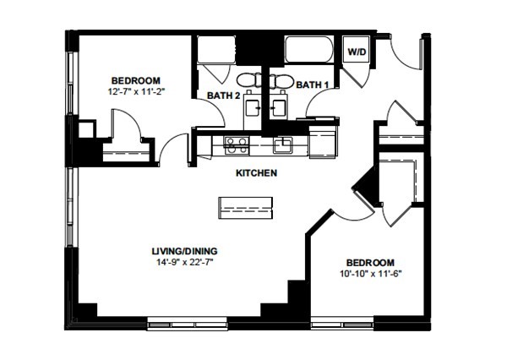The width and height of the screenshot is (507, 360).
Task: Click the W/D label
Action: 357,52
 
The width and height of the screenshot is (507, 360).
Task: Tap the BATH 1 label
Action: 313,85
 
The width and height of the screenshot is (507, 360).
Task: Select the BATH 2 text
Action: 223,95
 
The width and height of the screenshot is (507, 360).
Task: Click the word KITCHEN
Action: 256,173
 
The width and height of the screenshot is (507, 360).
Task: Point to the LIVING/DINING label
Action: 184,251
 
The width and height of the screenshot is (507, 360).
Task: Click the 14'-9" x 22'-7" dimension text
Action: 186,262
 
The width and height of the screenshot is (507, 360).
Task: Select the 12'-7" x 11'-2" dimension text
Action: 136,91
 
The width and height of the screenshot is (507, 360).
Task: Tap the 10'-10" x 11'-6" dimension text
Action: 371,274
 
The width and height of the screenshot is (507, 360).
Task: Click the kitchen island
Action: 245,208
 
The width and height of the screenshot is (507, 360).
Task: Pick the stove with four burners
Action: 237,145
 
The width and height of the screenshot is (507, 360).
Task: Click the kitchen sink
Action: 283,145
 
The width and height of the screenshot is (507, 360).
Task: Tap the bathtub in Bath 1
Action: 308,49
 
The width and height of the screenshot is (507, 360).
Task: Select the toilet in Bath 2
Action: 248,79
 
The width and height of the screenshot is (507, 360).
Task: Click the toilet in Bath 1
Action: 281,80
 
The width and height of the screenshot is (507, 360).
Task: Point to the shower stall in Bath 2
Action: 216,50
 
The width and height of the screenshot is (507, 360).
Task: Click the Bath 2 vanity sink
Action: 253,107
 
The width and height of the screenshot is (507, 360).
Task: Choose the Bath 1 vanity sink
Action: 278,107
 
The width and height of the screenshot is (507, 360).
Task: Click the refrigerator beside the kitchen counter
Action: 322,142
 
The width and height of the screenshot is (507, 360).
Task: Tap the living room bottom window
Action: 188,325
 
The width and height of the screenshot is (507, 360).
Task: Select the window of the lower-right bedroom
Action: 342,324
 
